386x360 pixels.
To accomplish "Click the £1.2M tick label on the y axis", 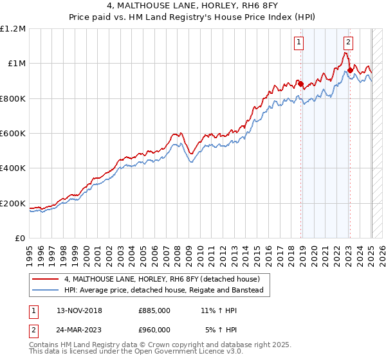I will coord(13,29).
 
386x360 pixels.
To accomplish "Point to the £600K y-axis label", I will coord(13,134).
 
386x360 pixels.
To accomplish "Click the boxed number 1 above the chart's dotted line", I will coord(300,43).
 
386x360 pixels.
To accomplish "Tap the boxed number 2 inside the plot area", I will coord(348,43).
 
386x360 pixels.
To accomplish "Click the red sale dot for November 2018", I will coord(300,84).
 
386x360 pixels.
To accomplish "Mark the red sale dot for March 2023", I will coord(350,71).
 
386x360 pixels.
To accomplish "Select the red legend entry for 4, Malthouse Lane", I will coord(161,279).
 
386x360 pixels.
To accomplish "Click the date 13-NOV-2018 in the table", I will coord(79,310).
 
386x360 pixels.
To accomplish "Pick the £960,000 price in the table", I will coord(154,330).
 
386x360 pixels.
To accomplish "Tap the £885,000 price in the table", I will coord(154,310).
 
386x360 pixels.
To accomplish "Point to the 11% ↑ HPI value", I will coord(219,310).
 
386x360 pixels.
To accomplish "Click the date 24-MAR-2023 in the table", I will coord(79,330).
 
